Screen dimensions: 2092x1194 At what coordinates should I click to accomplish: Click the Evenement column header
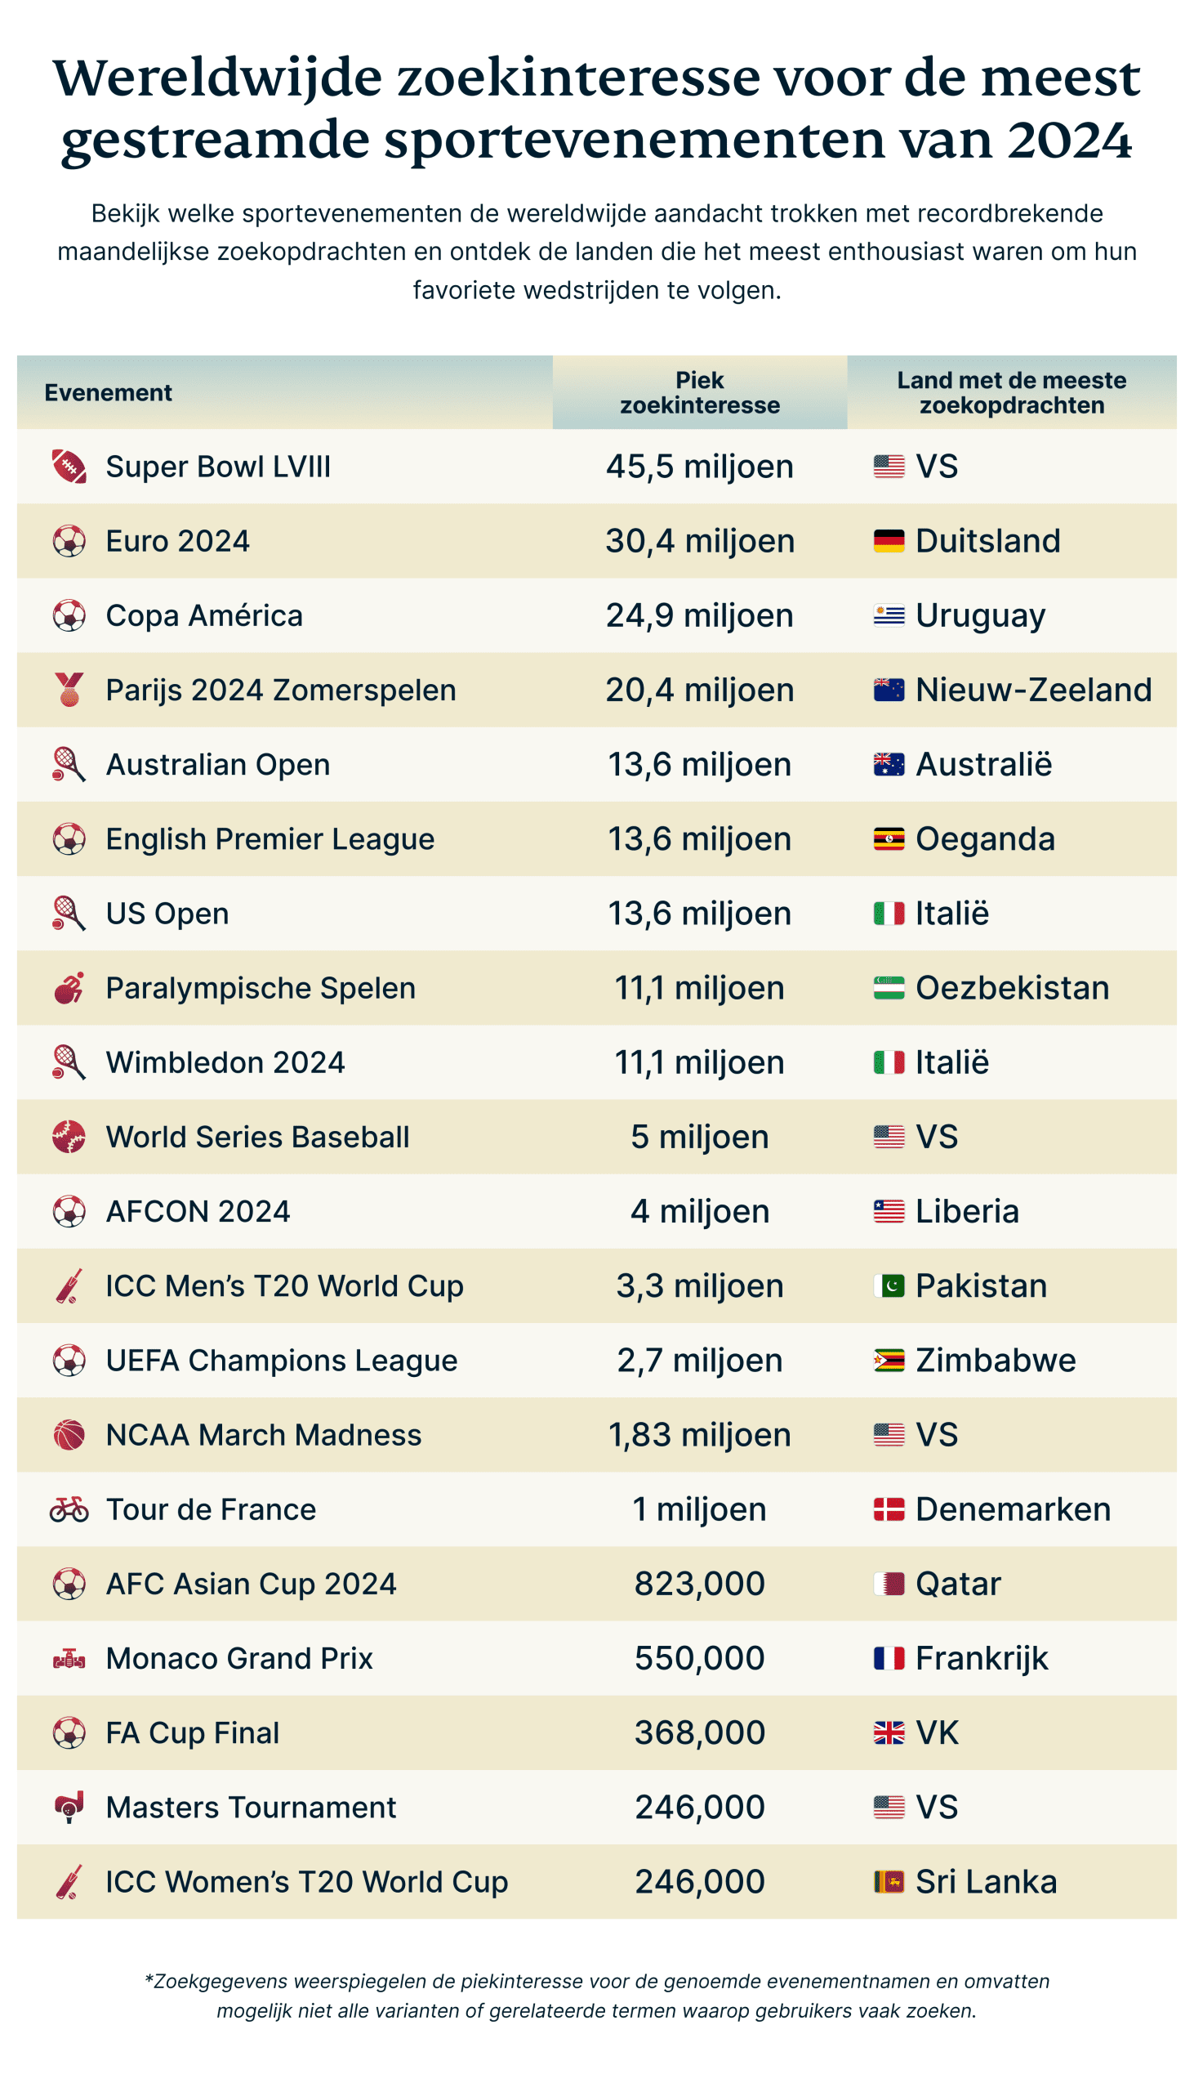tap(109, 393)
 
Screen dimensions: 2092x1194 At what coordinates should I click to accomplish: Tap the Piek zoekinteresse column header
tap(700, 393)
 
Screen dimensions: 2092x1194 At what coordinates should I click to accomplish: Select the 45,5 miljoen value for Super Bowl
tap(700, 467)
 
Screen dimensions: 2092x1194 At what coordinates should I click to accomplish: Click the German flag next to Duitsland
tap(888, 542)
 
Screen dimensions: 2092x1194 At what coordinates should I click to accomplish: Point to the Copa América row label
tap(204, 616)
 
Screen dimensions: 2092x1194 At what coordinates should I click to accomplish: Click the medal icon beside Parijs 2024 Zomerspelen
tap(69, 690)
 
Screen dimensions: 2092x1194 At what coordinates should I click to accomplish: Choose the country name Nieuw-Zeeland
tap(1033, 690)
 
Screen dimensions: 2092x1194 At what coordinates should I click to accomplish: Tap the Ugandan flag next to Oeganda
tap(888, 839)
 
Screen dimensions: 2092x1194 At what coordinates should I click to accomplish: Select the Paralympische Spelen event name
tap(261, 989)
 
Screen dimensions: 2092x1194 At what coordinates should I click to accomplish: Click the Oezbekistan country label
tap(1012, 989)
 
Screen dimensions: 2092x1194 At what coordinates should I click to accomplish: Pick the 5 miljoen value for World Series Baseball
tap(700, 1137)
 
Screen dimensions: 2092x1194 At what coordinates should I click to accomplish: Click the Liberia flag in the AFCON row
tap(888, 1212)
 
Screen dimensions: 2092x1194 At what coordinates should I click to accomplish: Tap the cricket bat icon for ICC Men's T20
tap(69, 1286)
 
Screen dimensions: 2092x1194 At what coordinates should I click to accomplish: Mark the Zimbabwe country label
tap(996, 1361)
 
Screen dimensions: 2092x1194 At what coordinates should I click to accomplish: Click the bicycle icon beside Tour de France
tap(69, 1509)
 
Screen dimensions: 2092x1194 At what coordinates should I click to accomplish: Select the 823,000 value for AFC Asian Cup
tap(700, 1585)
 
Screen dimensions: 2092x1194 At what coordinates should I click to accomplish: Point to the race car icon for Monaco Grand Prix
tap(69, 1659)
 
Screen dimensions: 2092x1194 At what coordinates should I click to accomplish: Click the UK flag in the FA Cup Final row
tap(888, 1733)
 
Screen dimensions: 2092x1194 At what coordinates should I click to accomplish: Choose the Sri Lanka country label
tap(986, 1882)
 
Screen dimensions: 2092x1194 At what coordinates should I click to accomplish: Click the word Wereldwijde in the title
tap(217, 78)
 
